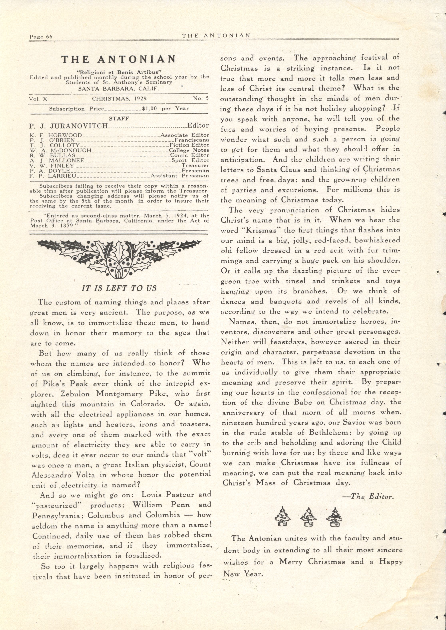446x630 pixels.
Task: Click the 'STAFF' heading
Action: pyautogui.click(x=119, y=119)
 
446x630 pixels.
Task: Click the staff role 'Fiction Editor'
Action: pyautogui.click(x=189, y=145)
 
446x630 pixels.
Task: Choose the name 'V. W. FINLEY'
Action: pyautogui.click(x=52, y=166)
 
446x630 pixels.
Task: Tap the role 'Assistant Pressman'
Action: pyautogui.click(x=180, y=176)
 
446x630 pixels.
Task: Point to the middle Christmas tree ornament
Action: pyautogui.click(x=308, y=517)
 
